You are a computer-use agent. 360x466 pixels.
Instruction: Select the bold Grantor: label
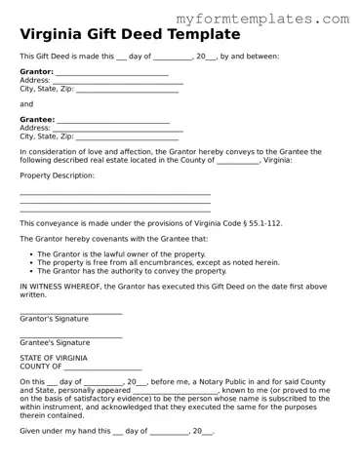(x=36, y=72)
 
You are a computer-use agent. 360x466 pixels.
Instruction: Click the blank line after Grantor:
(x=111, y=73)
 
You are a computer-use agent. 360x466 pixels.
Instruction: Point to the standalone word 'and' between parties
(x=26, y=103)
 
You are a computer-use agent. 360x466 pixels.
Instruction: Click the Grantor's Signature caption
(x=54, y=319)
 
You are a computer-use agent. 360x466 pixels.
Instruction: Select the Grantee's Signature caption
(x=55, y=343)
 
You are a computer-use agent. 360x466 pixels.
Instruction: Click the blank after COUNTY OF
(x=108, y=368)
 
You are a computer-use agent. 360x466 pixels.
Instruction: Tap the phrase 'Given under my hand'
(x=57, y=430)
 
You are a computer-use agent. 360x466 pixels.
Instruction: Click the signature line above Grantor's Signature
(x=70, y=312)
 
